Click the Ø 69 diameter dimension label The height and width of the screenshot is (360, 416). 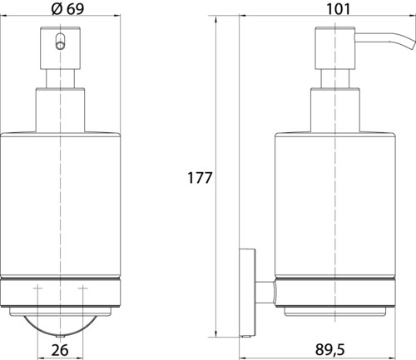pos(67,9)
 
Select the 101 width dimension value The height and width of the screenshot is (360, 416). pos(339,9)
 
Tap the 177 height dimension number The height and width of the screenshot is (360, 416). pos(200,178)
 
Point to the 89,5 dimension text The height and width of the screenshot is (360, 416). pos(329,349)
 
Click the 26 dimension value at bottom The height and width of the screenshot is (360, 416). pos(60,350)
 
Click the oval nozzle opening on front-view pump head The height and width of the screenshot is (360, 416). pos(60,42)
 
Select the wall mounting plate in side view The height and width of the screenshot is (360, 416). pos(247,293)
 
